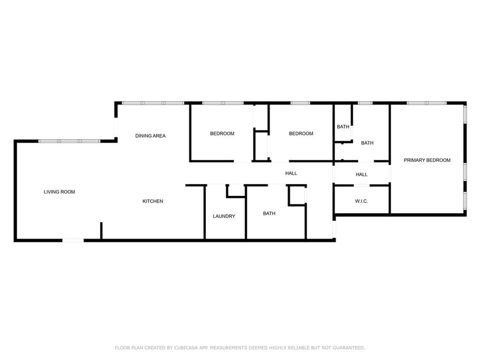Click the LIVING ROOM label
click(60, 192)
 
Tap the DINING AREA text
click(150, 136)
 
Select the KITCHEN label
click(153, 201)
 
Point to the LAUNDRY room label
click(224, 216)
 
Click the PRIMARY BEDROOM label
click(427, 160)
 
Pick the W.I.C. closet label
click(361, 201)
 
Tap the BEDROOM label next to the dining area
click(222, 133)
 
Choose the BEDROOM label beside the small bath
click(301, 133)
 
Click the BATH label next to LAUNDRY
click(269, 214)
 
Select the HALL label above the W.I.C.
click(361, 175)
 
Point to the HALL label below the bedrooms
click(291, 173)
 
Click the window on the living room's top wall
click(69, 141)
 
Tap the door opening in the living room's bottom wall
click(73, 240)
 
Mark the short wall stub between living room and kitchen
click(101, 230)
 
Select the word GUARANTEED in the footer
click(348, 348)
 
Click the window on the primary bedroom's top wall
click(427, 103)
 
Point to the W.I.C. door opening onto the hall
click(362, 185)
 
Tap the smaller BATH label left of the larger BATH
click(343, 127)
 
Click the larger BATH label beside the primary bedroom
click(367, 143)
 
